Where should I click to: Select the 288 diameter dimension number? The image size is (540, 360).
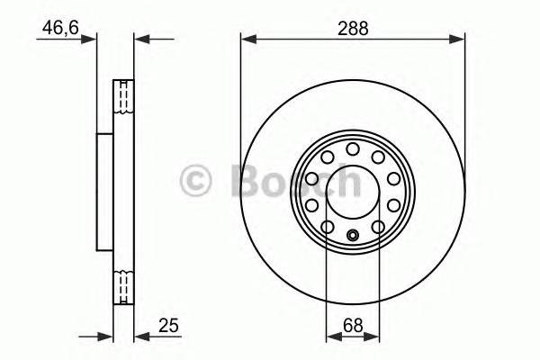(x=352, y=28)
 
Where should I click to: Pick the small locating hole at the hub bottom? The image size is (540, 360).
(x=352, y=236)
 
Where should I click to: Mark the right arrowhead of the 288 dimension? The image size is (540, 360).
(x=460, y=39)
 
